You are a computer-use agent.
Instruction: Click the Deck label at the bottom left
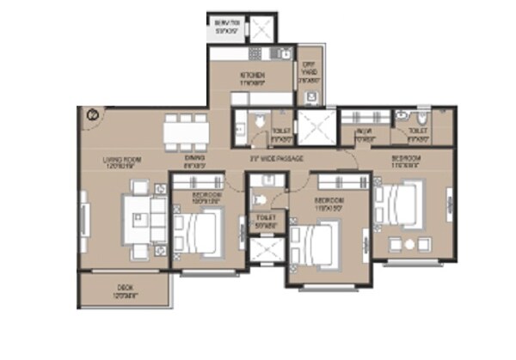(x=124, y=290)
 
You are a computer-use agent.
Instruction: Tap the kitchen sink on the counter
(x=282, y=54)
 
